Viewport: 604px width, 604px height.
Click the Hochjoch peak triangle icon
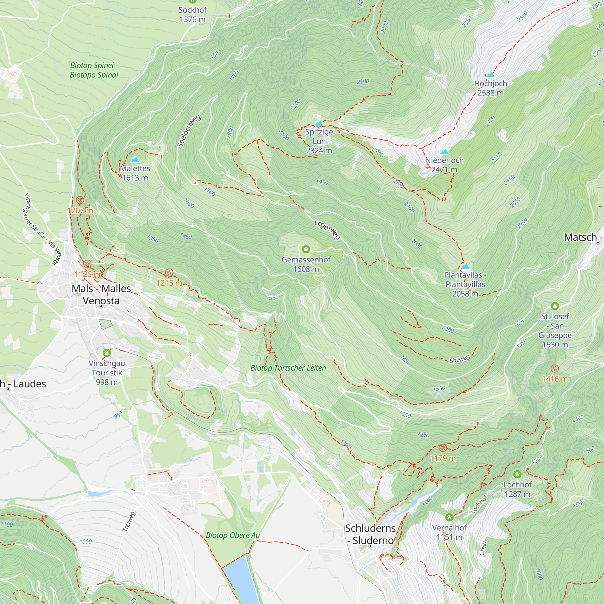tap(490, 74)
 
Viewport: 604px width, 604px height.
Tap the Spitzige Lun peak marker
tap(319, 123)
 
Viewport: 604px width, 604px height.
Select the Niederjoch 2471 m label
tap(444, 165)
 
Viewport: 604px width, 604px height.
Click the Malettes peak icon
tap(135, 160)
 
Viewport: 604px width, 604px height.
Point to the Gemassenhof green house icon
tap(306, 249)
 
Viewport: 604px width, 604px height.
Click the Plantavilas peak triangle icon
tap(465, 266)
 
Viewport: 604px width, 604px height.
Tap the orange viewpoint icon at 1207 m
tap(80, 200)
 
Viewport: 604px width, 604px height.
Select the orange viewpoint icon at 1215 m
tap(169, 273)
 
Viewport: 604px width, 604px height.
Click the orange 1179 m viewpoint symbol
tap(443, 448)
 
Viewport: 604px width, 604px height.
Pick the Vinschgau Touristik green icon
tap(107, 353)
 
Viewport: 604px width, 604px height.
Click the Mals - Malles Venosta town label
tap(101, 294)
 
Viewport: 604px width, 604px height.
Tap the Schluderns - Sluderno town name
tap(371, 534)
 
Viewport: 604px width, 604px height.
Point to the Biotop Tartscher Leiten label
tap(288, 368)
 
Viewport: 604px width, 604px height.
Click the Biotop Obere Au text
tap(233, 535)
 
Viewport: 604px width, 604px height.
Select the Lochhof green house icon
tap(517, 474)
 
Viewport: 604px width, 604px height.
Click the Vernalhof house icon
tap(449, 517)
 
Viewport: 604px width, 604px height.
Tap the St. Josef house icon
tap(555, 306)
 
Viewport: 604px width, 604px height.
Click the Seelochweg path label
tap(189, 131)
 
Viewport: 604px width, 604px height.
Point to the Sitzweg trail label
tap(460, 359)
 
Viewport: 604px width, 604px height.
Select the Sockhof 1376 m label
tap(192, 14)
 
